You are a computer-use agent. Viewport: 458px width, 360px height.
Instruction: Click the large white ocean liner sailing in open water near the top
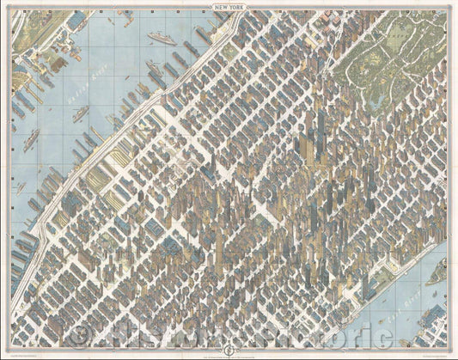click(x=161, y=38)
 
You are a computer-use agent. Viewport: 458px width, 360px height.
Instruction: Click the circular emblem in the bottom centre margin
click(x=229, y=349)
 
